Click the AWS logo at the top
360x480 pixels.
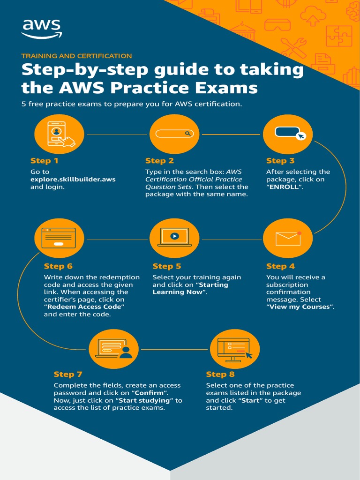(41, 28)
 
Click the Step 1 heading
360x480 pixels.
(44, 161)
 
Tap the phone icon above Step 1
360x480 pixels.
(59, 134)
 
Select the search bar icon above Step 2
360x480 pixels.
(174, 134)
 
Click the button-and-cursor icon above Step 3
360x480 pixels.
(288, 134)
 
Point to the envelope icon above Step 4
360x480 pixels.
(288, 238)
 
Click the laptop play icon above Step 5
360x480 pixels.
(174, 238)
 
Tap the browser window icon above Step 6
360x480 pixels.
(59, 238)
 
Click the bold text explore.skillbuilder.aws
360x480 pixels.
(73, 179)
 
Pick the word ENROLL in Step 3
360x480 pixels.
(285, 187)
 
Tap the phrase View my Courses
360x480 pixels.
(300, 307)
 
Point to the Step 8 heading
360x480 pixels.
(220, 374)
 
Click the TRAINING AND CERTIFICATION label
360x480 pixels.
(76, 56)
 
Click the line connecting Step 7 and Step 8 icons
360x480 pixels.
(174, 350)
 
